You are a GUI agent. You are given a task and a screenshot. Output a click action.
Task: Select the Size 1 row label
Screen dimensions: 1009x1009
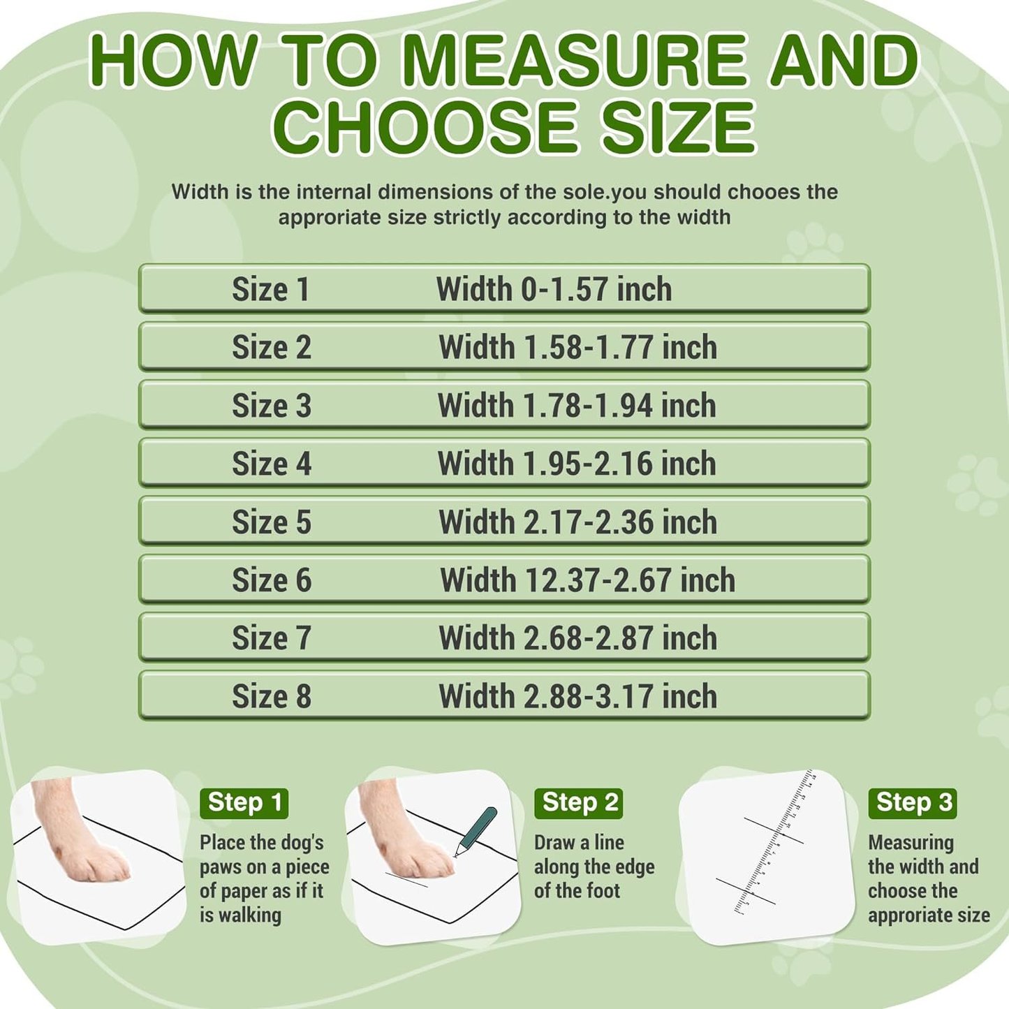point(270,289)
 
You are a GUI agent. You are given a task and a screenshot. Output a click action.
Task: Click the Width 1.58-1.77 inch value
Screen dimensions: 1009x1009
point(577,347)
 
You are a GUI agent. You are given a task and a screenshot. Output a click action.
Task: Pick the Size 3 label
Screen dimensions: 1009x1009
point(271,406)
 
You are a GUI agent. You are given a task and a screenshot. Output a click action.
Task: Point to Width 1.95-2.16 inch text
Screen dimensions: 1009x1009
point(577,464)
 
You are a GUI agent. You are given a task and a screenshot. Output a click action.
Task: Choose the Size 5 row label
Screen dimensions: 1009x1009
point(271,522)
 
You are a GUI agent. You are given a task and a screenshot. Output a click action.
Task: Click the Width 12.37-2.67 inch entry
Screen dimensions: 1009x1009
point(587,580)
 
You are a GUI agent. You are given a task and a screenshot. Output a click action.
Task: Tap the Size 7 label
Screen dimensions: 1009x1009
point(271,638)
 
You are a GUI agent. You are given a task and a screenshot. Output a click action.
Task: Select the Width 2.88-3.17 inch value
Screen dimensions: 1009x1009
point(577,697)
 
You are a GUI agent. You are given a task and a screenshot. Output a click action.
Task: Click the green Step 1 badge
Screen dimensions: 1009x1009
point(244,803)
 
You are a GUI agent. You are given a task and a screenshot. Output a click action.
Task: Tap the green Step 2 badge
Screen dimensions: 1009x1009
point(579,803)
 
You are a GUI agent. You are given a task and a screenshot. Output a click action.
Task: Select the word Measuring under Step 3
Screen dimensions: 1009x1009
point(911,843)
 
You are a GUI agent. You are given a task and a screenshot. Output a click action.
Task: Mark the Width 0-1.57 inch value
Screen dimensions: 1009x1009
point(554,289)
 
